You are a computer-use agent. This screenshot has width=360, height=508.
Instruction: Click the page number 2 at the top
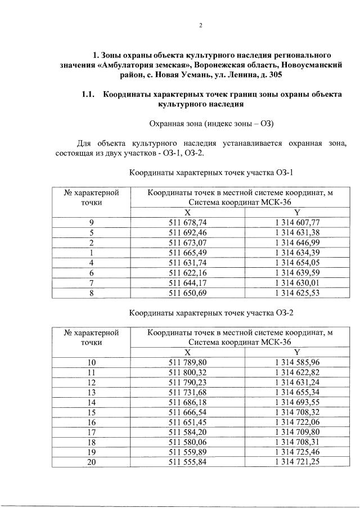200,25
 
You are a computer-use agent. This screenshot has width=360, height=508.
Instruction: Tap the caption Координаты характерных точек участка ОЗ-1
211,172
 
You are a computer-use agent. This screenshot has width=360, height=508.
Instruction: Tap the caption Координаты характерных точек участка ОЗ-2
211,312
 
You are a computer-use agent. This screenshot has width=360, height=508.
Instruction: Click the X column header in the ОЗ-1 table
188,212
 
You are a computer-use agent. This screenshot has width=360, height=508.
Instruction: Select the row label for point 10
91,362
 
